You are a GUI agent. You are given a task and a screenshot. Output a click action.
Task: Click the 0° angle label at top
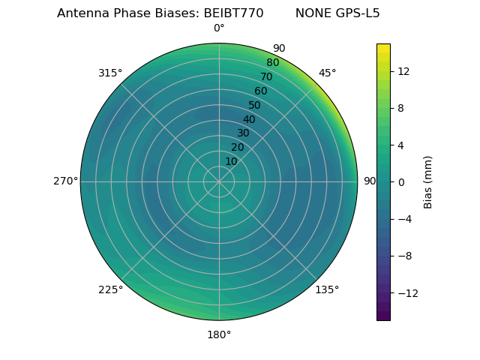pyautogui.click(x=219, y=28)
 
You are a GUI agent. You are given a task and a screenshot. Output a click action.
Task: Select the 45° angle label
pyautogui.click(x=328, y=73)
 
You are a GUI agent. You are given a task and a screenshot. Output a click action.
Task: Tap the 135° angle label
pyautogui.click(x=327, y=289)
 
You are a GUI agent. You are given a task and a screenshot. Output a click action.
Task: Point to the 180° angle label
pyautogui.click(x=219, y=334)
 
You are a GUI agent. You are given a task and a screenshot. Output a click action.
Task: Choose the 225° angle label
pyautogui.click(x=110, y=289)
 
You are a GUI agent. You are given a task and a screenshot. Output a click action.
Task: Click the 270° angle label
pyautogui.click(x=65, y=181)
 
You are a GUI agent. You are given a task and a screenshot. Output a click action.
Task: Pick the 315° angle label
pyautogui.click(x=110, y=73)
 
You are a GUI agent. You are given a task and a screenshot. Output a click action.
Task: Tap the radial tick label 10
pyautogui.click(x=231, y=161)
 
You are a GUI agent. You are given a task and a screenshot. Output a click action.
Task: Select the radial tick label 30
pyautogui.click(x=243, y=133)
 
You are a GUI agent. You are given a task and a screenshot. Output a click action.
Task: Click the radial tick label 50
pyautogui.click(x=255, y=105)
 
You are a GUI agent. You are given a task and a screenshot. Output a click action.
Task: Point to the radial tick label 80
pyautogui.click(x=272, y=63)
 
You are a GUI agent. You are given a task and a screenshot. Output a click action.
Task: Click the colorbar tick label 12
pyautogui.click(x=403, y=71)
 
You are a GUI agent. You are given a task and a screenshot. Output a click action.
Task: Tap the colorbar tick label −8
pyautogui.click(x=403, y=256)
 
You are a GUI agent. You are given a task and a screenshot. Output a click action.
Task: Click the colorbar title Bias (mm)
pyautogui.click(x=428, y=181)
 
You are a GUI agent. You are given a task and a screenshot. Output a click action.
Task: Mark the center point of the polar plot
pyautogui.click(x=219, y=181)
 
